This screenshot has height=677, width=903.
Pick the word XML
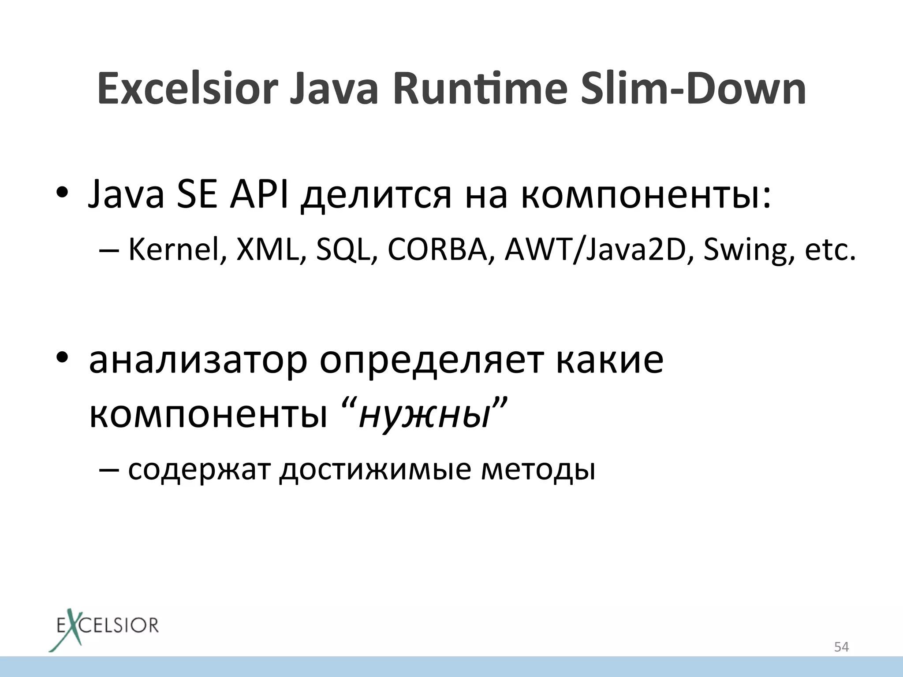pos(268,250)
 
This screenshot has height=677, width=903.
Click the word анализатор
pos(198,361)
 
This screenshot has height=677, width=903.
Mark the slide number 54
pos(841,647)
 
